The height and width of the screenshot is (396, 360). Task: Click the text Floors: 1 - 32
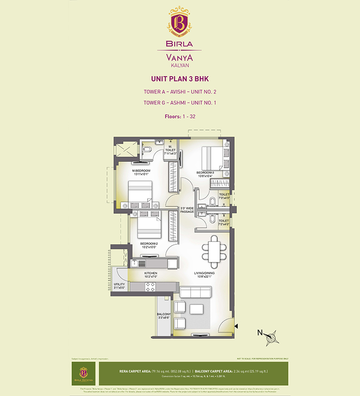point(180,117)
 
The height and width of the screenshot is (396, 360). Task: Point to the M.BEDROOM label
point(141,171)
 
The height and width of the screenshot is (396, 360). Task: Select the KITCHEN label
point(151,273)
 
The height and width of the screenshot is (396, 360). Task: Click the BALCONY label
point(163,315)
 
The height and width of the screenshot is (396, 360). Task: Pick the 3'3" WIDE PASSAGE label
point(187,210)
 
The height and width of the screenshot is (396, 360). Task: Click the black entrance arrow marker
point(236,325)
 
